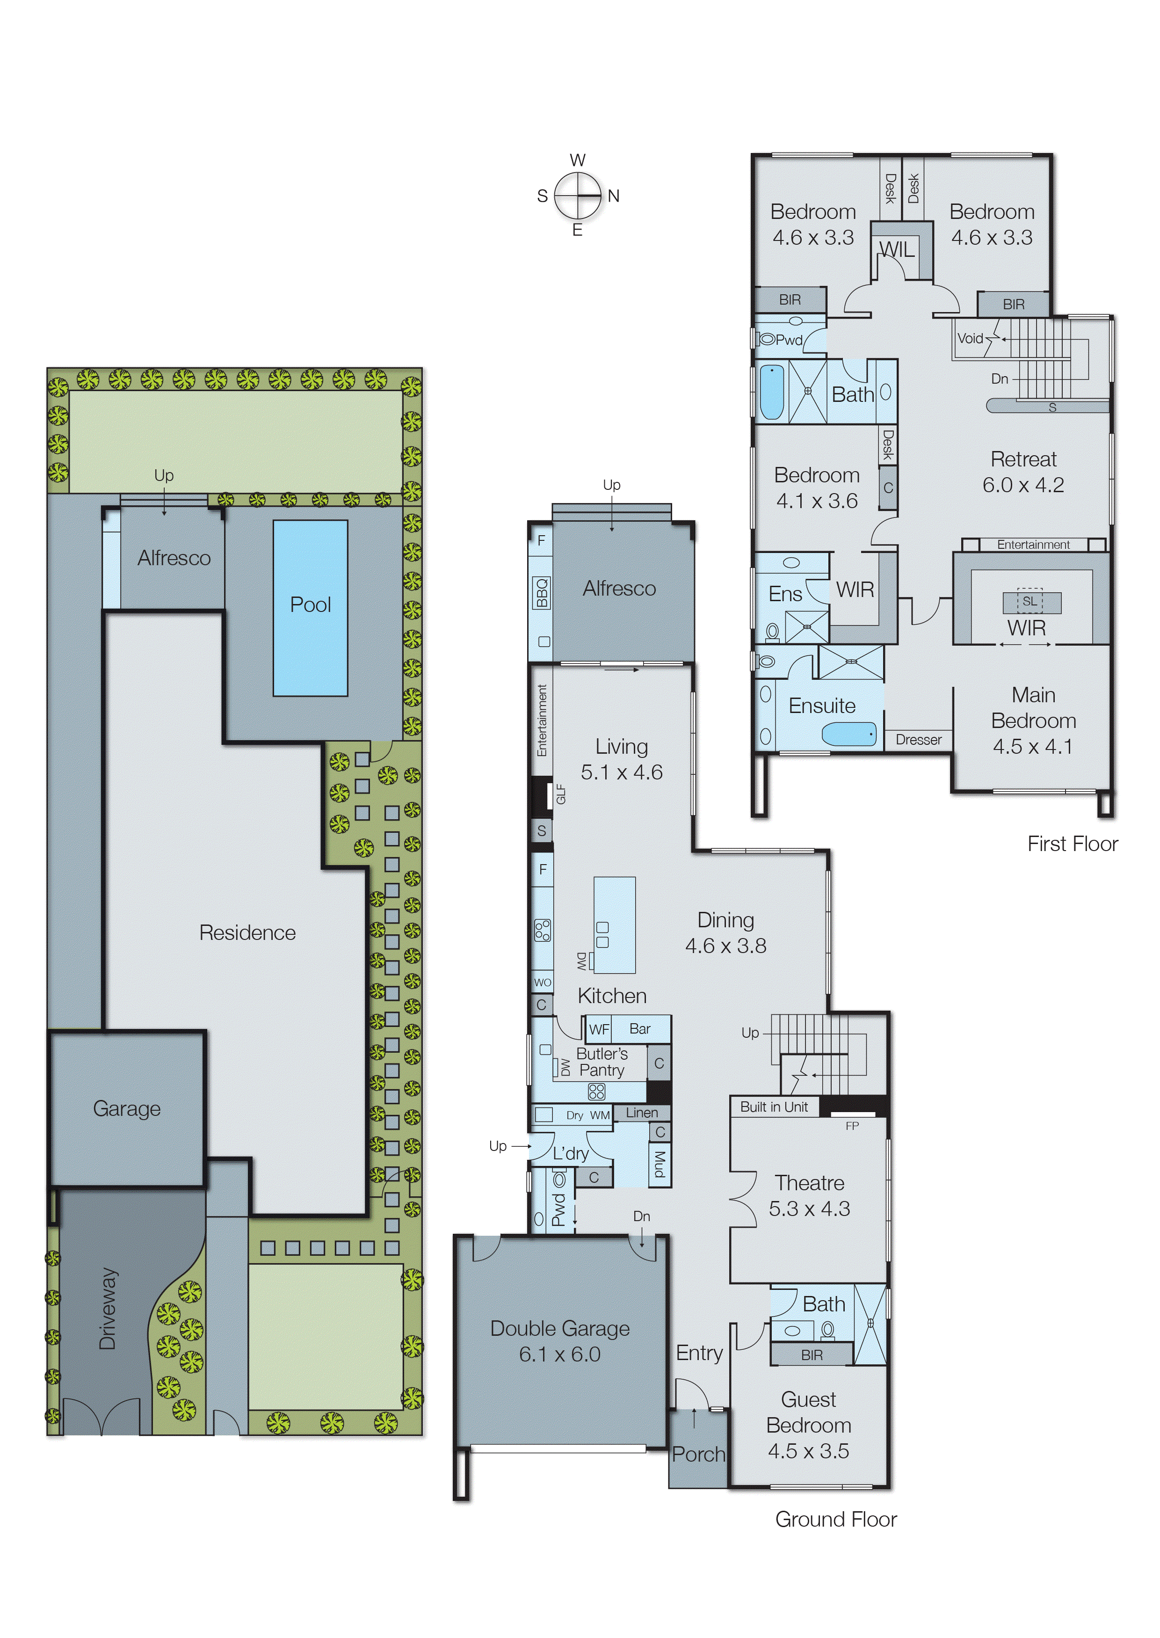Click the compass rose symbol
click(578, 195)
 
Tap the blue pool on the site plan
click(310, 608)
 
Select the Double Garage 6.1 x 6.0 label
click(560, 1341)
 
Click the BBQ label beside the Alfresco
click(542, 593)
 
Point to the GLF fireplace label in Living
click(561, 794)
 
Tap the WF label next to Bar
click(599, 1029)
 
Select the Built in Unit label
click(774, 1107)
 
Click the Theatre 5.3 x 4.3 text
click(809, 1195)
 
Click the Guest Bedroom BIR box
click(812, 1354)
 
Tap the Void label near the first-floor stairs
click(970, 338)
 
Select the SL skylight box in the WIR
click(1029, 602)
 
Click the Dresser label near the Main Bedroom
click(919, 739)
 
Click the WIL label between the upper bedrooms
click(897, 249)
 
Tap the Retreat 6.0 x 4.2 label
click(1023, 472)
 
